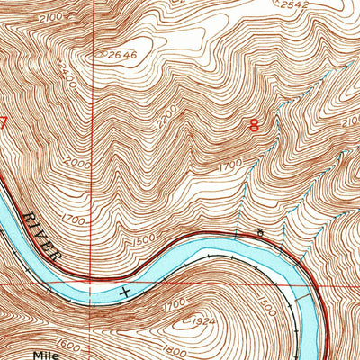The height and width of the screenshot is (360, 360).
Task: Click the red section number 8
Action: [254, 127]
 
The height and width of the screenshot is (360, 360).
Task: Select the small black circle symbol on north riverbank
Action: [260, 233]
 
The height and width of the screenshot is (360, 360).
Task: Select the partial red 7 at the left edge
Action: [3, 124]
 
